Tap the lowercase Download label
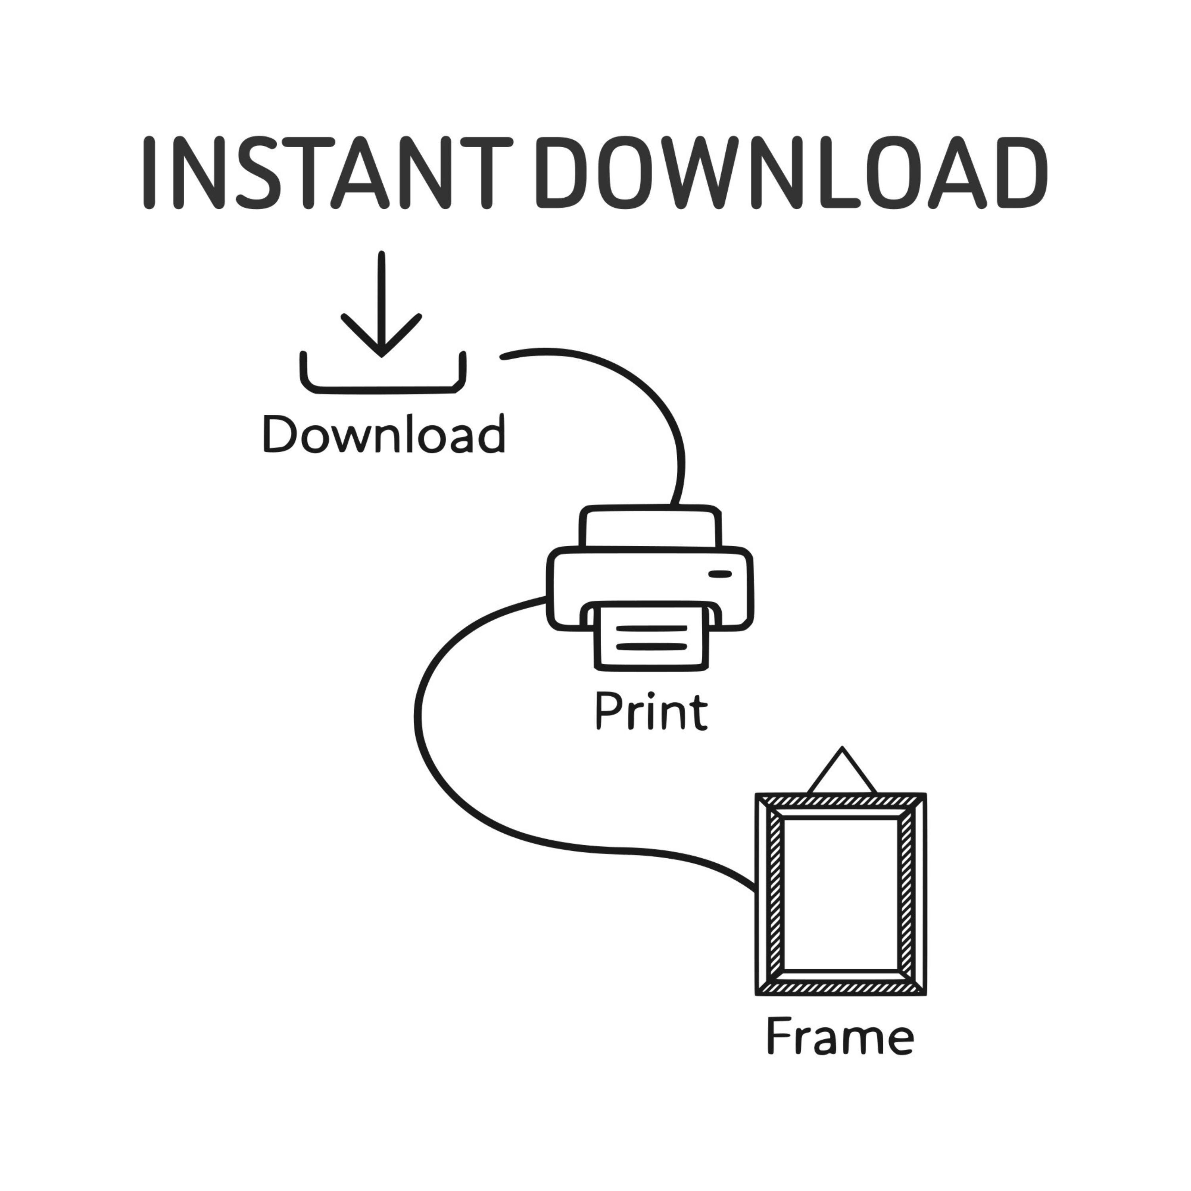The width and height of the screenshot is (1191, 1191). [384, 434]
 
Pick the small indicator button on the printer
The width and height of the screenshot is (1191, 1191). [719, 574]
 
